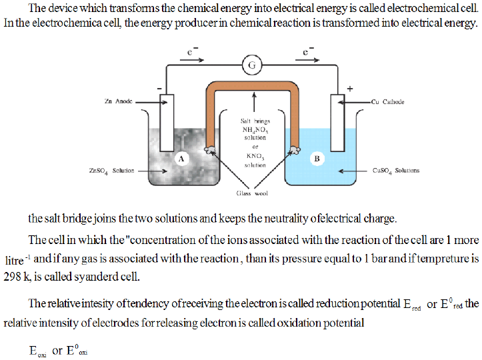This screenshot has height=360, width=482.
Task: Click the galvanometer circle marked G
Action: pos(252,65)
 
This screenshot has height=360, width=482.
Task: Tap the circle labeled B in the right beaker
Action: pos(317,158)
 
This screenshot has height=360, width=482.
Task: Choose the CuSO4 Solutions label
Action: pos(397,171)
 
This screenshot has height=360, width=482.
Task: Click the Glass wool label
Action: pos(252,193)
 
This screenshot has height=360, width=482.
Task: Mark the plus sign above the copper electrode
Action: pos(350,88)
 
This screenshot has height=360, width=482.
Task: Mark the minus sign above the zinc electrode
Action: pos(159,88)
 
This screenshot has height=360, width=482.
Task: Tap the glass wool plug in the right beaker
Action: pos(293,151)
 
